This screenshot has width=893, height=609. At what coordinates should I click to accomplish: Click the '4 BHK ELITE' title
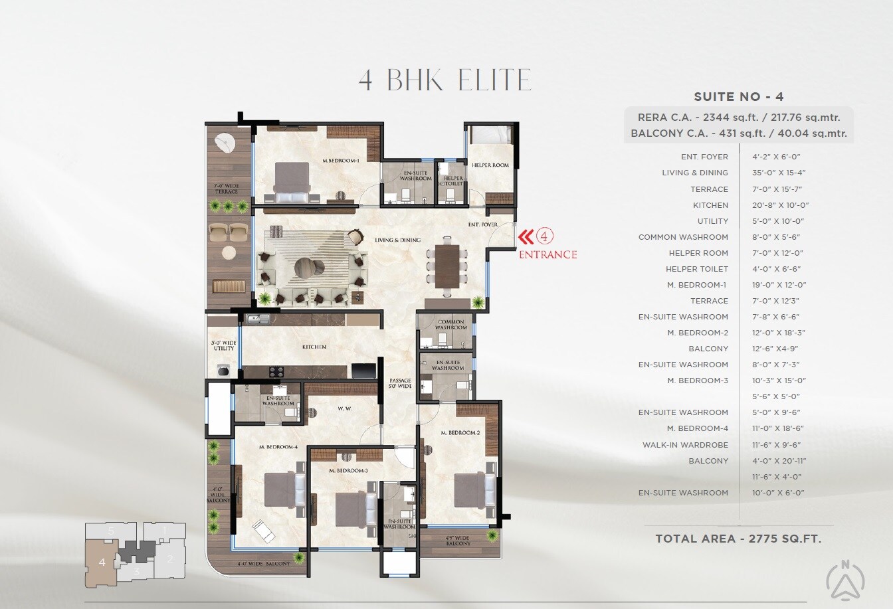point(445,80)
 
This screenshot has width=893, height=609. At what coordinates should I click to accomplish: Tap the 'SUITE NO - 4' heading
point(738,97)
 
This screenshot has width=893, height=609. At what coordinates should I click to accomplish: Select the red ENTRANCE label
point(547,254)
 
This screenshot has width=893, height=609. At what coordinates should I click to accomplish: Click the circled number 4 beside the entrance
point(544,236)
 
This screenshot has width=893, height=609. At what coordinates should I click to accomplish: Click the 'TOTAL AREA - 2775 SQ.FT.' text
point(738,539)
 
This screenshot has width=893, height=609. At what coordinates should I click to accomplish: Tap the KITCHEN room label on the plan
point(314,347)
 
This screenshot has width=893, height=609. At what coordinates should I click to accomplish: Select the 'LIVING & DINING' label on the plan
point(397,240)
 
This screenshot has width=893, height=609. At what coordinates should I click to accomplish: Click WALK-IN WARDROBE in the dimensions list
point(685,445)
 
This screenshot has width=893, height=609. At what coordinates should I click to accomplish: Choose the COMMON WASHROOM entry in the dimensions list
point(683,237)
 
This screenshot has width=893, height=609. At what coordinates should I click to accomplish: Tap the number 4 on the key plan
point(102,562)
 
